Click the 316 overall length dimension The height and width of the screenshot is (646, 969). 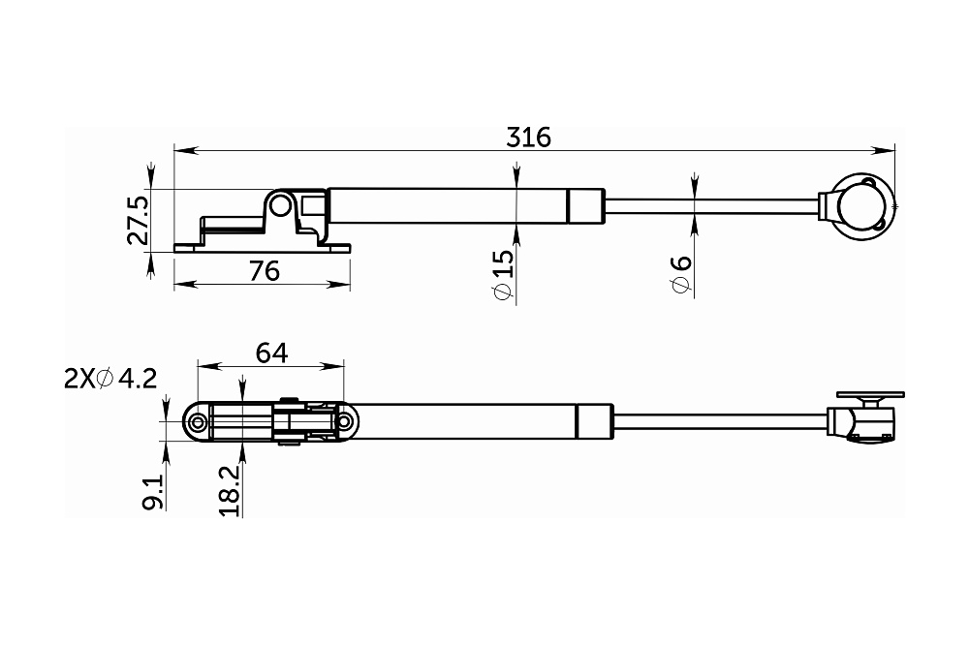528,137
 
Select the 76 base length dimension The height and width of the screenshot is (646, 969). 264,270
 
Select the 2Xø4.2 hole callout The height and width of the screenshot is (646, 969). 109,379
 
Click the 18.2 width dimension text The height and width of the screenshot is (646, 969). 230,491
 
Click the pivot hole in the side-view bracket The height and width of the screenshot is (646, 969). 281,206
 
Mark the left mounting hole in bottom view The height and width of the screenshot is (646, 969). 198,423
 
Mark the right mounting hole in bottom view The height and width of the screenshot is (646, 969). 344,423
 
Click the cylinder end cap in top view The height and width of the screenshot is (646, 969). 584,205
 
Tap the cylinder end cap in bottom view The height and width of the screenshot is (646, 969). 594,422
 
